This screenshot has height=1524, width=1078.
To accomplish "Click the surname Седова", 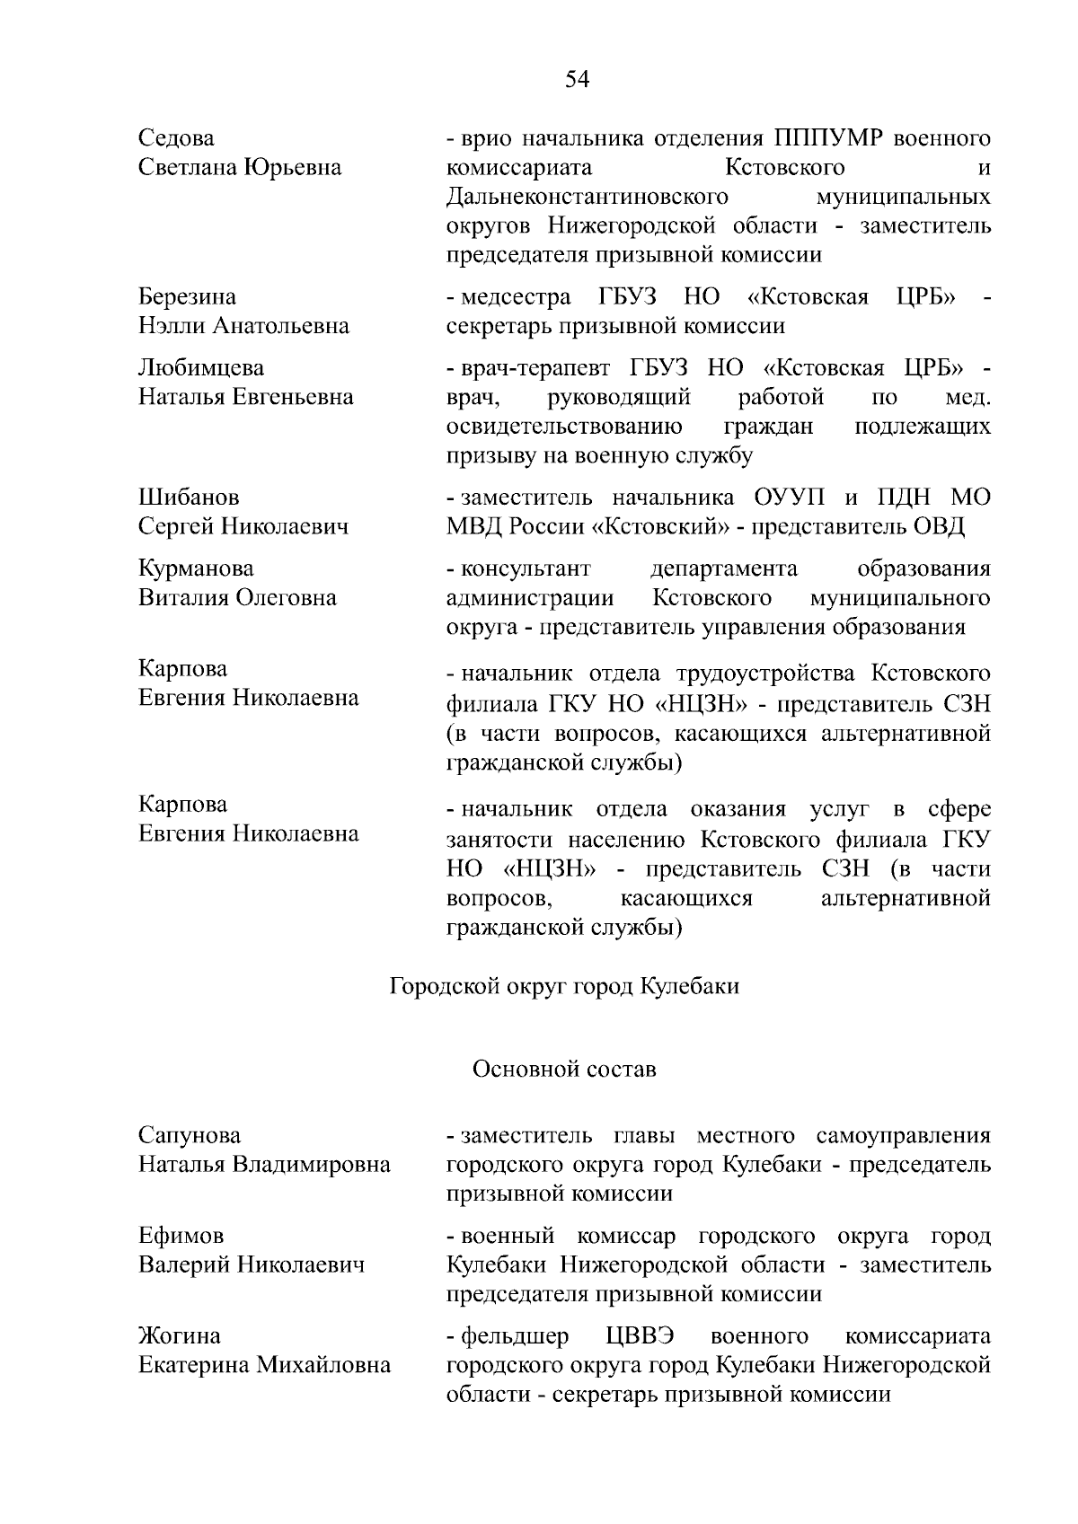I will pyautogui.click(x=176, y=138).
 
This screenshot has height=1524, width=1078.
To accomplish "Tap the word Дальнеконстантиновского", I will pyautogui.click(x=586, y=197).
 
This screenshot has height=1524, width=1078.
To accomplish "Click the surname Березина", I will pyautogui.click(x=187, y=296).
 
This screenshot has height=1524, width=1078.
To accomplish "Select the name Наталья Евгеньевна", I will pyautogui.click(x=245, y=397).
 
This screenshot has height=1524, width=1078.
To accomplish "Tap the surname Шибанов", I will pyautogui.click(x=189, y=498).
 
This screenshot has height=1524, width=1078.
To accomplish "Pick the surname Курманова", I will pyautogui.click(x=196, y=568).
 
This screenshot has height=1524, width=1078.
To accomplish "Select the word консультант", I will pyautogui.click(x=526, y=568).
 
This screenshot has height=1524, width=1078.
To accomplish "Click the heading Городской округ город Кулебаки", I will pyautogui.click(x=564, y=986).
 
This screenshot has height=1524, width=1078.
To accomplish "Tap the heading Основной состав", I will pyautogui.click(x=564, y=1069).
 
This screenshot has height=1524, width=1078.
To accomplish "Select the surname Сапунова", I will pyautogui.click(x=190, y=1136).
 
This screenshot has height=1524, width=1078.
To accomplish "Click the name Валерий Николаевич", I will pyautogui.click(x=252, y=1265).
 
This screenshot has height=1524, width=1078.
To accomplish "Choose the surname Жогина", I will pyautogui.click(x=180, y=1336).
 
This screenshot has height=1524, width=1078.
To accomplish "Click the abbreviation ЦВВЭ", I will pyautogui.click(x=640, y=1336).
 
